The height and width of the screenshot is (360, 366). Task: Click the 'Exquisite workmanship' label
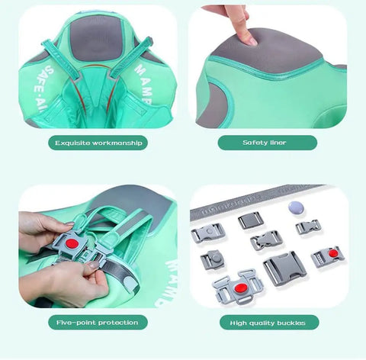click(x=97, y=143)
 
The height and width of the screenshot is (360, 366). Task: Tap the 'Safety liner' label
click(x=267, y=143)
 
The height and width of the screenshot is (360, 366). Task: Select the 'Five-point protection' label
click(x=97, y=323)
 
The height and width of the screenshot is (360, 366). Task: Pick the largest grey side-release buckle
click(x=284, y=268)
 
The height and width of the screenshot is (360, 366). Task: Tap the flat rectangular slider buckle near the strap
click(x=250, y=220)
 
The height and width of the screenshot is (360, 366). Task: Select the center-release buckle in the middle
click(x=266, y=240)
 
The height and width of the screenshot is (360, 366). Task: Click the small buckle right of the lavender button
click(x=308, y=227)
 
